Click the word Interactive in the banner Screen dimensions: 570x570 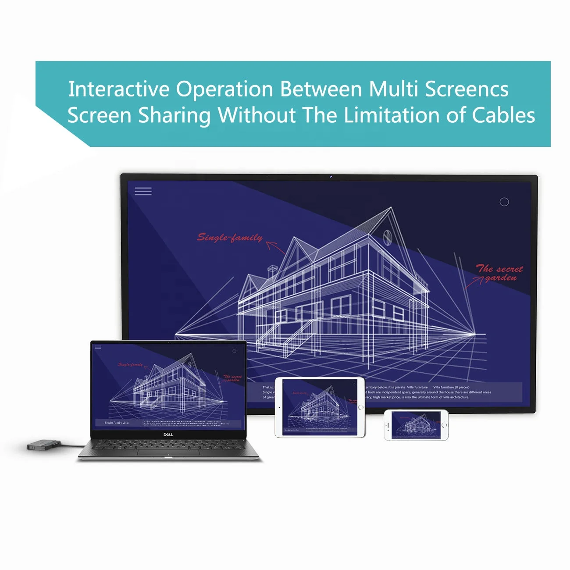pos(118,89)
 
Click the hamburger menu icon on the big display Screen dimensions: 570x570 pos(143,191)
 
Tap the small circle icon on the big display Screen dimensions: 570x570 pos(504,202)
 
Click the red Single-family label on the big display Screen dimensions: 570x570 pos(230,238)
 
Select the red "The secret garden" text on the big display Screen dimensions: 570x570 pos(500,273)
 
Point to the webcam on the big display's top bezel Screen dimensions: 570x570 pos(331,177)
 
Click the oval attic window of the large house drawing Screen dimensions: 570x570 pos(387,237)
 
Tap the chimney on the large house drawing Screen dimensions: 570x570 pos(272,269)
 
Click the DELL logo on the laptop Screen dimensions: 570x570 pos(168,435)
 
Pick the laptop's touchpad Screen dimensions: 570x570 pos(167,452)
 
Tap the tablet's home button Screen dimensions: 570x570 pos(361,407)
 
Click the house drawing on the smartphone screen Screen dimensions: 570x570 pos(416,424)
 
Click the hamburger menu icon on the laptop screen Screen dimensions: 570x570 pos(98,347)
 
